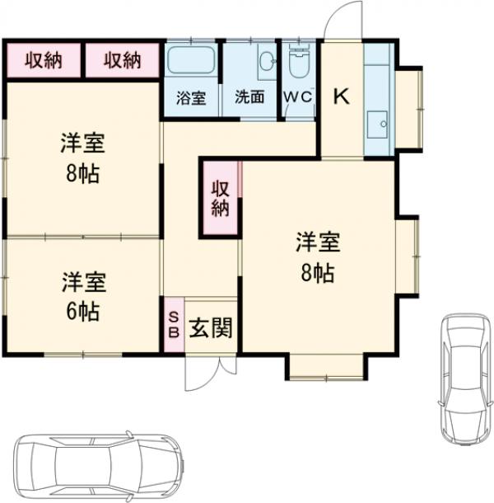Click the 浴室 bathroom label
click(191, 96)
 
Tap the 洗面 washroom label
click(249, 96)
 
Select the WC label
click(298, 96)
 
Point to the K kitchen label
click(341, 96)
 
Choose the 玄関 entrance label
click(211, 328)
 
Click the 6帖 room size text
click(82, 312)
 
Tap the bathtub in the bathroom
click(191, 62)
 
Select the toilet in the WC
click(298, 63)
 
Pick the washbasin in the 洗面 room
click(266, 62)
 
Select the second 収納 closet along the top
click(123, 60)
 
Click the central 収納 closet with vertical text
click(220, 199)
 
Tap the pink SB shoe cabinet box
click(174, 325)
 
